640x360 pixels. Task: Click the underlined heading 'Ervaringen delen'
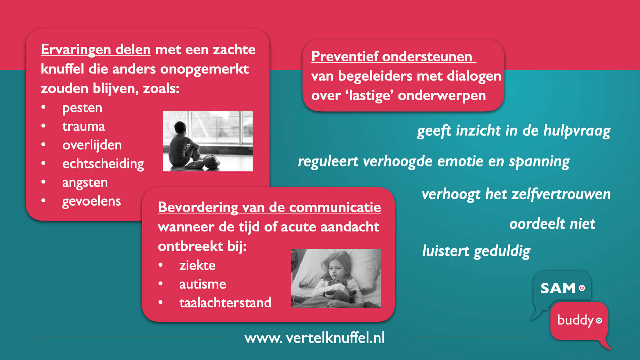point(96,50)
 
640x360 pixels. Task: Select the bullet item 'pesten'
point(82,108)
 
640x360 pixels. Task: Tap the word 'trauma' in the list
point(83,126)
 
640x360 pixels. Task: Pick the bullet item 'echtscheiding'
point(103,164)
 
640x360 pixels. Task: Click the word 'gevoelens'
point(91,201)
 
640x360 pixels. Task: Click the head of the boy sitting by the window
point(180,127)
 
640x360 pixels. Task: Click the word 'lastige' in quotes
point(369,95)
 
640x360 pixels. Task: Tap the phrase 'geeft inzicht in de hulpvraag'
point(514,131)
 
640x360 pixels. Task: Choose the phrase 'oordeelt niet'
point(552,224)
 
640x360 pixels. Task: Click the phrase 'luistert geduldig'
point(476,251)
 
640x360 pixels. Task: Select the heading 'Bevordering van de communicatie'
point(269,207)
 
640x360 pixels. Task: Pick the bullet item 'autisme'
point(203,284)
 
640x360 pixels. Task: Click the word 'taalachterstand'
point(225,303)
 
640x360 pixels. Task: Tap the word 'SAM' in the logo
point(558,288)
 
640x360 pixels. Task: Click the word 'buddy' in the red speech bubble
point(576,320)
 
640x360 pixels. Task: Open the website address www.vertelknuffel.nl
point(315,338)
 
